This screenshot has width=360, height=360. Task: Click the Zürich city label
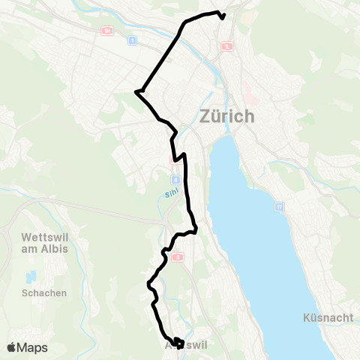click(x=227, y=117)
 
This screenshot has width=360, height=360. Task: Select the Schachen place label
click(x=44, y=292)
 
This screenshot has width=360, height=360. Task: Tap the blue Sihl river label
click(x=169, y=193)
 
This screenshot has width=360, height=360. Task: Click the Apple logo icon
click(x=11, y=347)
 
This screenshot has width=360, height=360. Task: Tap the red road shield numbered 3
click(x=178, y=257)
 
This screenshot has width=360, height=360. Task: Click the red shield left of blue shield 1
click(x=107, y=31)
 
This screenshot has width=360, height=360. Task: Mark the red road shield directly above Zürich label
click(x=226, y=46)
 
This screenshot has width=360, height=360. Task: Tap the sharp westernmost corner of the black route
click(x=136, y=92)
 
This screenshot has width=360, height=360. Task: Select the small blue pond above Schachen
click(x=31, y=277)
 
